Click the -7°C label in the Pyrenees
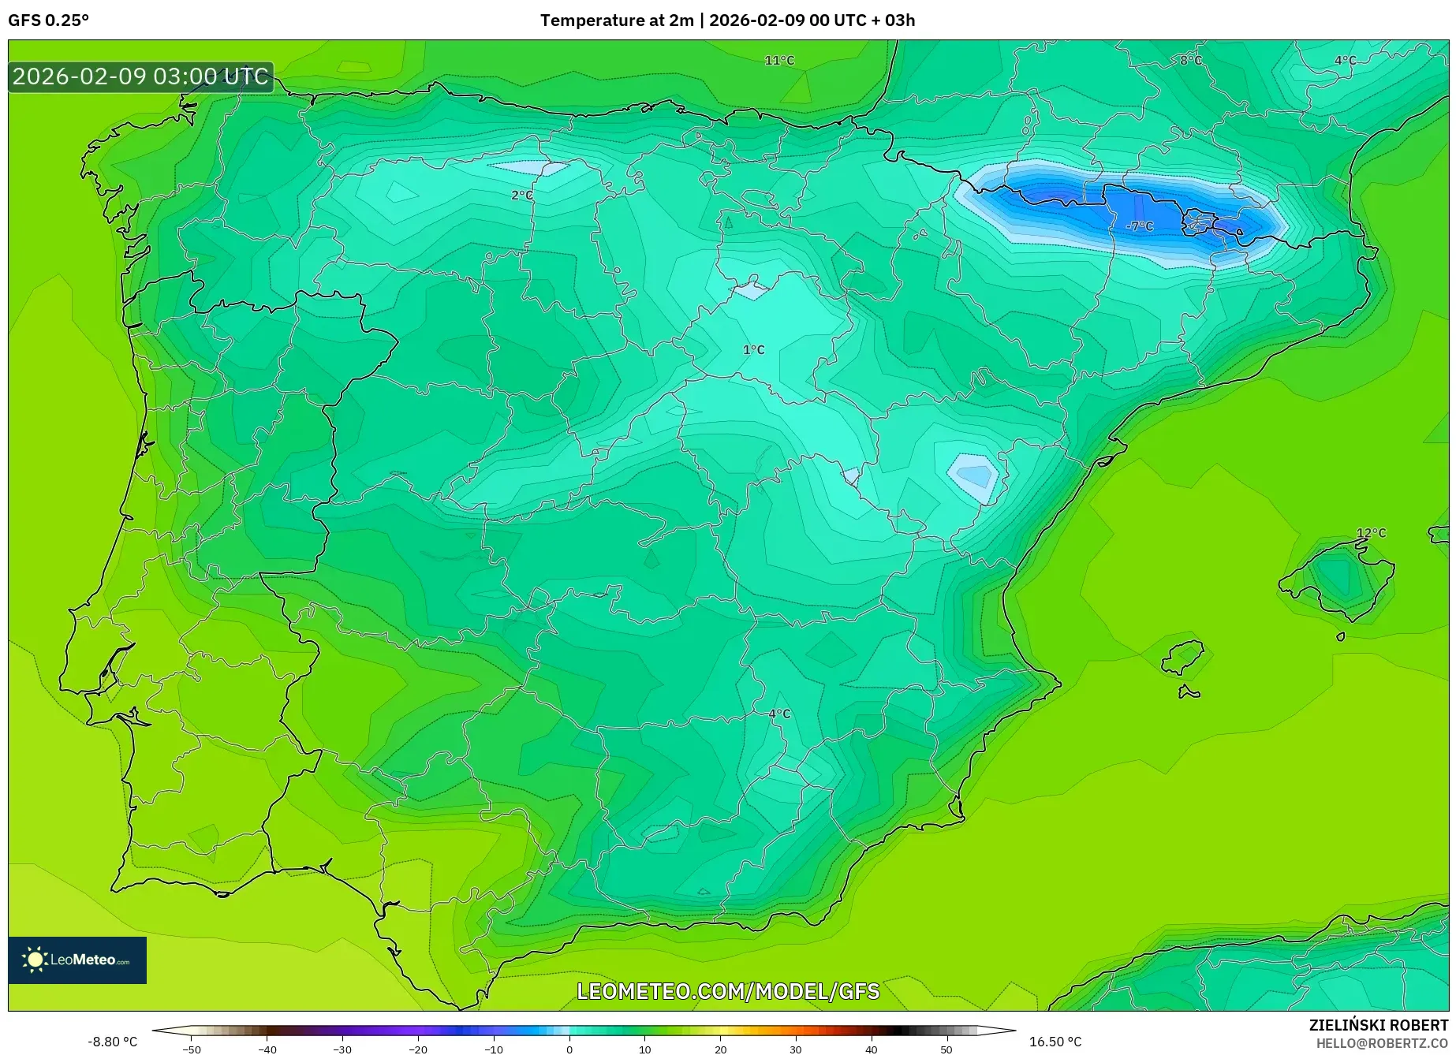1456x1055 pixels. point(1140,226)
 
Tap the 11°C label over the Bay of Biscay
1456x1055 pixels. point(779,61)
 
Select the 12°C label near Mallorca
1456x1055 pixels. point(1371,533)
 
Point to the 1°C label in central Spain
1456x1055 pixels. point(753,350)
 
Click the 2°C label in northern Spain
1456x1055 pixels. point(521,196)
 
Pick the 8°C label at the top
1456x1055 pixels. point(1190,61)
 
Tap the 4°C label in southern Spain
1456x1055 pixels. point(779,714)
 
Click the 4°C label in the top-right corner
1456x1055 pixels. point(1345,61)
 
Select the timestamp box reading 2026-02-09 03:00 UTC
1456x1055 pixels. point(141,77)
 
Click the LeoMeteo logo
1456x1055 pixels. point(77,960)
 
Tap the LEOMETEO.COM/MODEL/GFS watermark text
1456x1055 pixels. point(728,991)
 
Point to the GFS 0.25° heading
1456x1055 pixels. point(49,21)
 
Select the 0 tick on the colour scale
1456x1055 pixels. point(569,1049)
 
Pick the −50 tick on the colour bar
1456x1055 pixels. point(192,1049)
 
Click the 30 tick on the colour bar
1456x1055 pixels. point(796,1049)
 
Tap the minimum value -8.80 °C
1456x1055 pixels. point(112,1042)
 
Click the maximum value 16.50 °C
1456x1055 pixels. point(1055,1042)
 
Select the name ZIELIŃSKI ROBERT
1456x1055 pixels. point(1379,1026)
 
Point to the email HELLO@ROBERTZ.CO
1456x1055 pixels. point(1382,1043)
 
